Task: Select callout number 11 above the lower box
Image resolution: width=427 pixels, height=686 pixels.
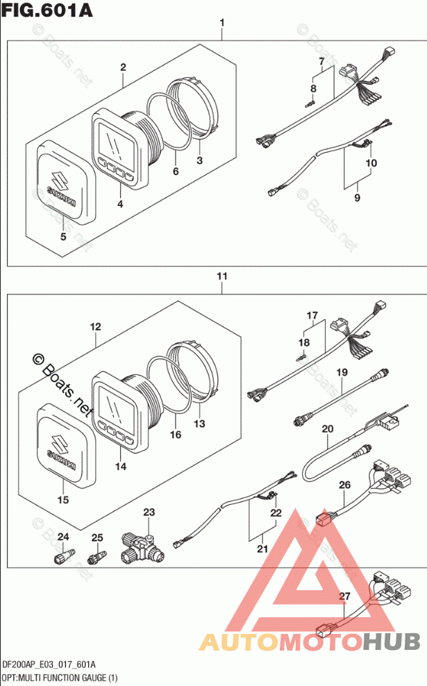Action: click(221, 276)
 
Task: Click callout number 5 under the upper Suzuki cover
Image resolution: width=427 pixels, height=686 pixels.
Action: click(63, 237)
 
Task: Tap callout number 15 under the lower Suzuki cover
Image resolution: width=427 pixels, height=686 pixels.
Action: click(64, 499)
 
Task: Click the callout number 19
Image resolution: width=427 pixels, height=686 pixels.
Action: click(341, 373)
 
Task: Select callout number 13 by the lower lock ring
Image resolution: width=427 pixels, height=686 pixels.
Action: click(200, 424)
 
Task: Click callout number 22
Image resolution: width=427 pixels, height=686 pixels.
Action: click(277, 513)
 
